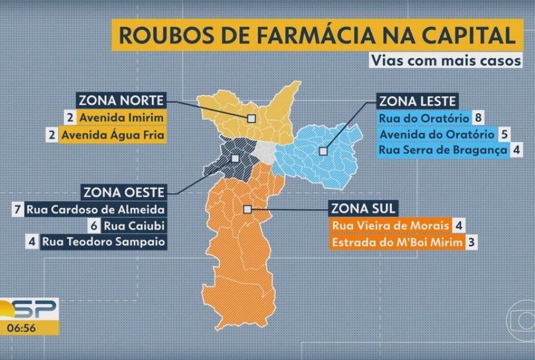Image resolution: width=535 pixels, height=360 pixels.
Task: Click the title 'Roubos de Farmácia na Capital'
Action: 316,35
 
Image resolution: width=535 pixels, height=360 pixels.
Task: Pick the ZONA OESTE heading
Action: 123,193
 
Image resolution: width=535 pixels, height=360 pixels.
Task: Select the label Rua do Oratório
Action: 424,117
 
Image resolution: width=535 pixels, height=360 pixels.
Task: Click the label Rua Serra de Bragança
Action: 442,150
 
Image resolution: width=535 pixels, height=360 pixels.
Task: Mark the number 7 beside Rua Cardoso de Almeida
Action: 18,210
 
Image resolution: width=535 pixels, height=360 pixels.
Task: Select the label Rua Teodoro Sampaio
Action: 104,242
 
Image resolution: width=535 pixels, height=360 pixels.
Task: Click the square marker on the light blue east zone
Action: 324,149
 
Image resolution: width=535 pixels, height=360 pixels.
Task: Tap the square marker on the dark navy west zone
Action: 235,158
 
